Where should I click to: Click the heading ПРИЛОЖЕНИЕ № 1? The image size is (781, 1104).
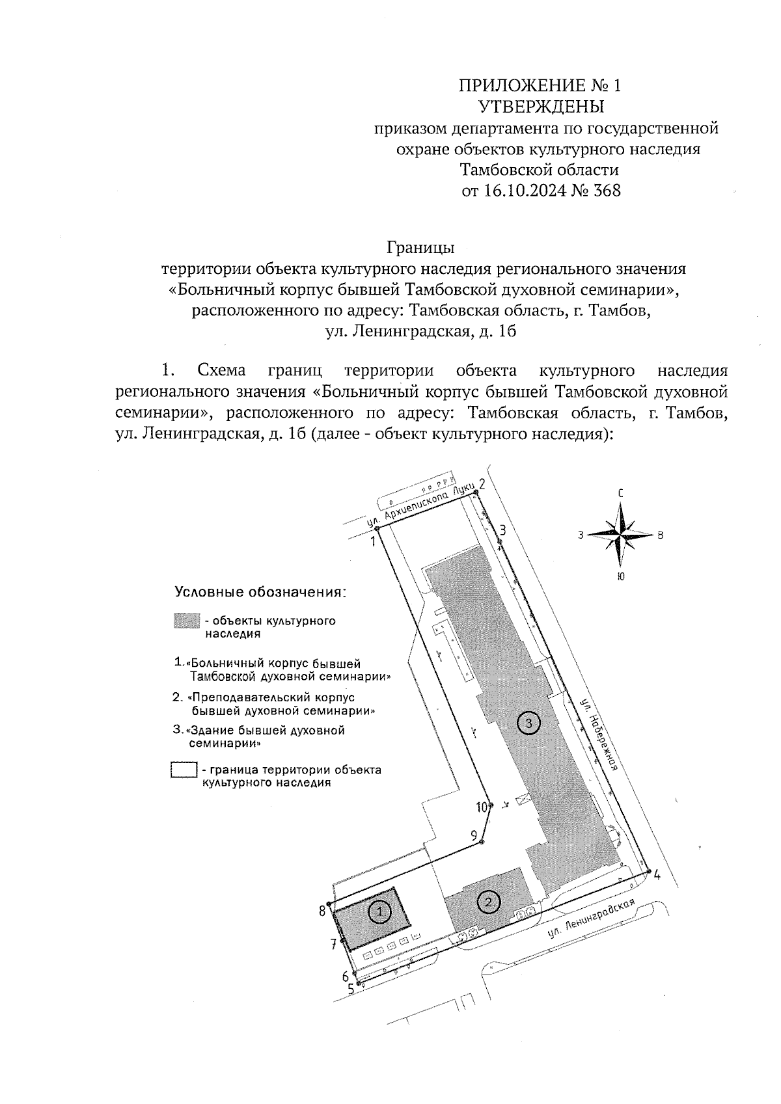(540, 85)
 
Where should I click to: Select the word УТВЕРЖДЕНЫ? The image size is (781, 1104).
(541, 106)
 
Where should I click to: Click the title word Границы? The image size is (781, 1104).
(420, 248)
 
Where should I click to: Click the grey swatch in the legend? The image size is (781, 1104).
(186, 621)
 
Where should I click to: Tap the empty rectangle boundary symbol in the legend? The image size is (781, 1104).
(184, 770)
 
